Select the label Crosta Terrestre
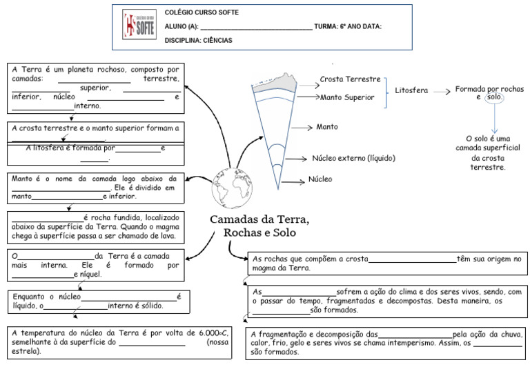tap(350, 79)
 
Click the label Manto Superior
tap(347, 98)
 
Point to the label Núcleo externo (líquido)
tap(354, 158)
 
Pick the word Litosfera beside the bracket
tap(411, 90)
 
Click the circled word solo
tap(494, 97)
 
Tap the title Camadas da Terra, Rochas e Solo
tap(259, 226)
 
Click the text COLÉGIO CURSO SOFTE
tap(202, 13)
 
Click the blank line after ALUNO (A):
tap(256, 28)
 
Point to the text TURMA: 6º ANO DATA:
tap(348, 27)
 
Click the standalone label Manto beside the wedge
tap(327, 128)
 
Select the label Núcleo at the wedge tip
tap(320, 179)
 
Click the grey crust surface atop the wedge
tap(276, 83)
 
